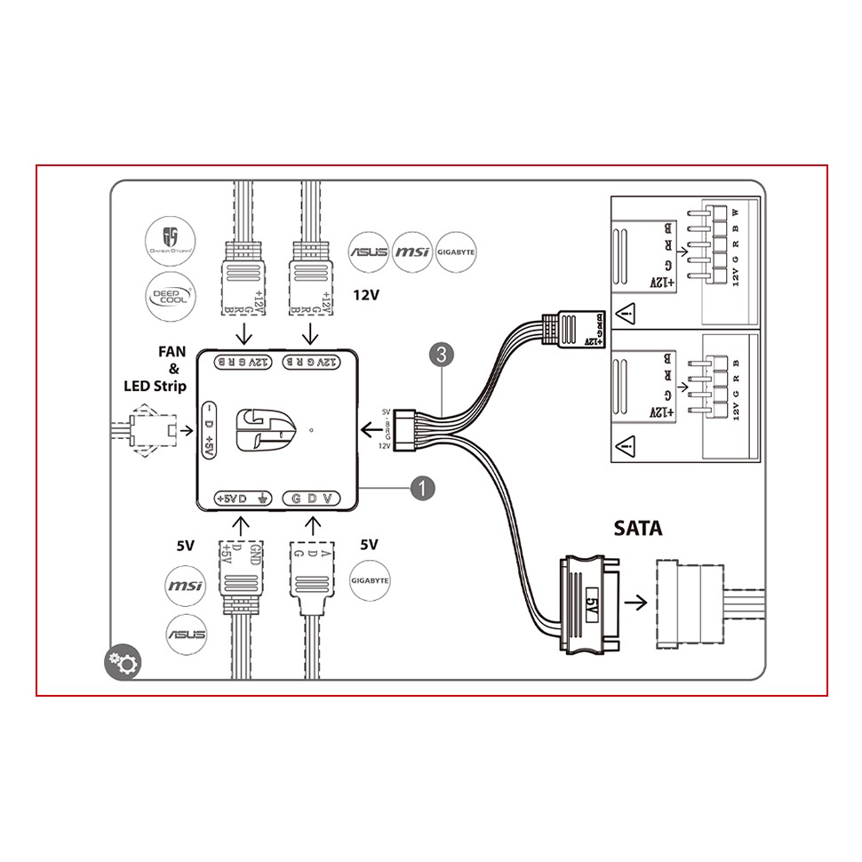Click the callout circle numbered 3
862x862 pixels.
pyautogui.click(x=441, y=354)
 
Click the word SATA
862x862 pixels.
pyautogui.click(x=638, y=528)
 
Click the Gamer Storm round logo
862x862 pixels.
pyautogui.click(x=171, y=240)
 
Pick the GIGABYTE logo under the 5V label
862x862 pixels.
pyautogui.click(x=371, y=580)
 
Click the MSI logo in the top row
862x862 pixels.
pyautogui.click(x=411, y=251)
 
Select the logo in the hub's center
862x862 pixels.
pyautogui.click(x=265, y=429)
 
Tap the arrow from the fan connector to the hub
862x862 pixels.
pyautogui.click(x=185, y=430)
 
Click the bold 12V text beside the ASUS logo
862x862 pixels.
pyautogui.click(x=366, y=294)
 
